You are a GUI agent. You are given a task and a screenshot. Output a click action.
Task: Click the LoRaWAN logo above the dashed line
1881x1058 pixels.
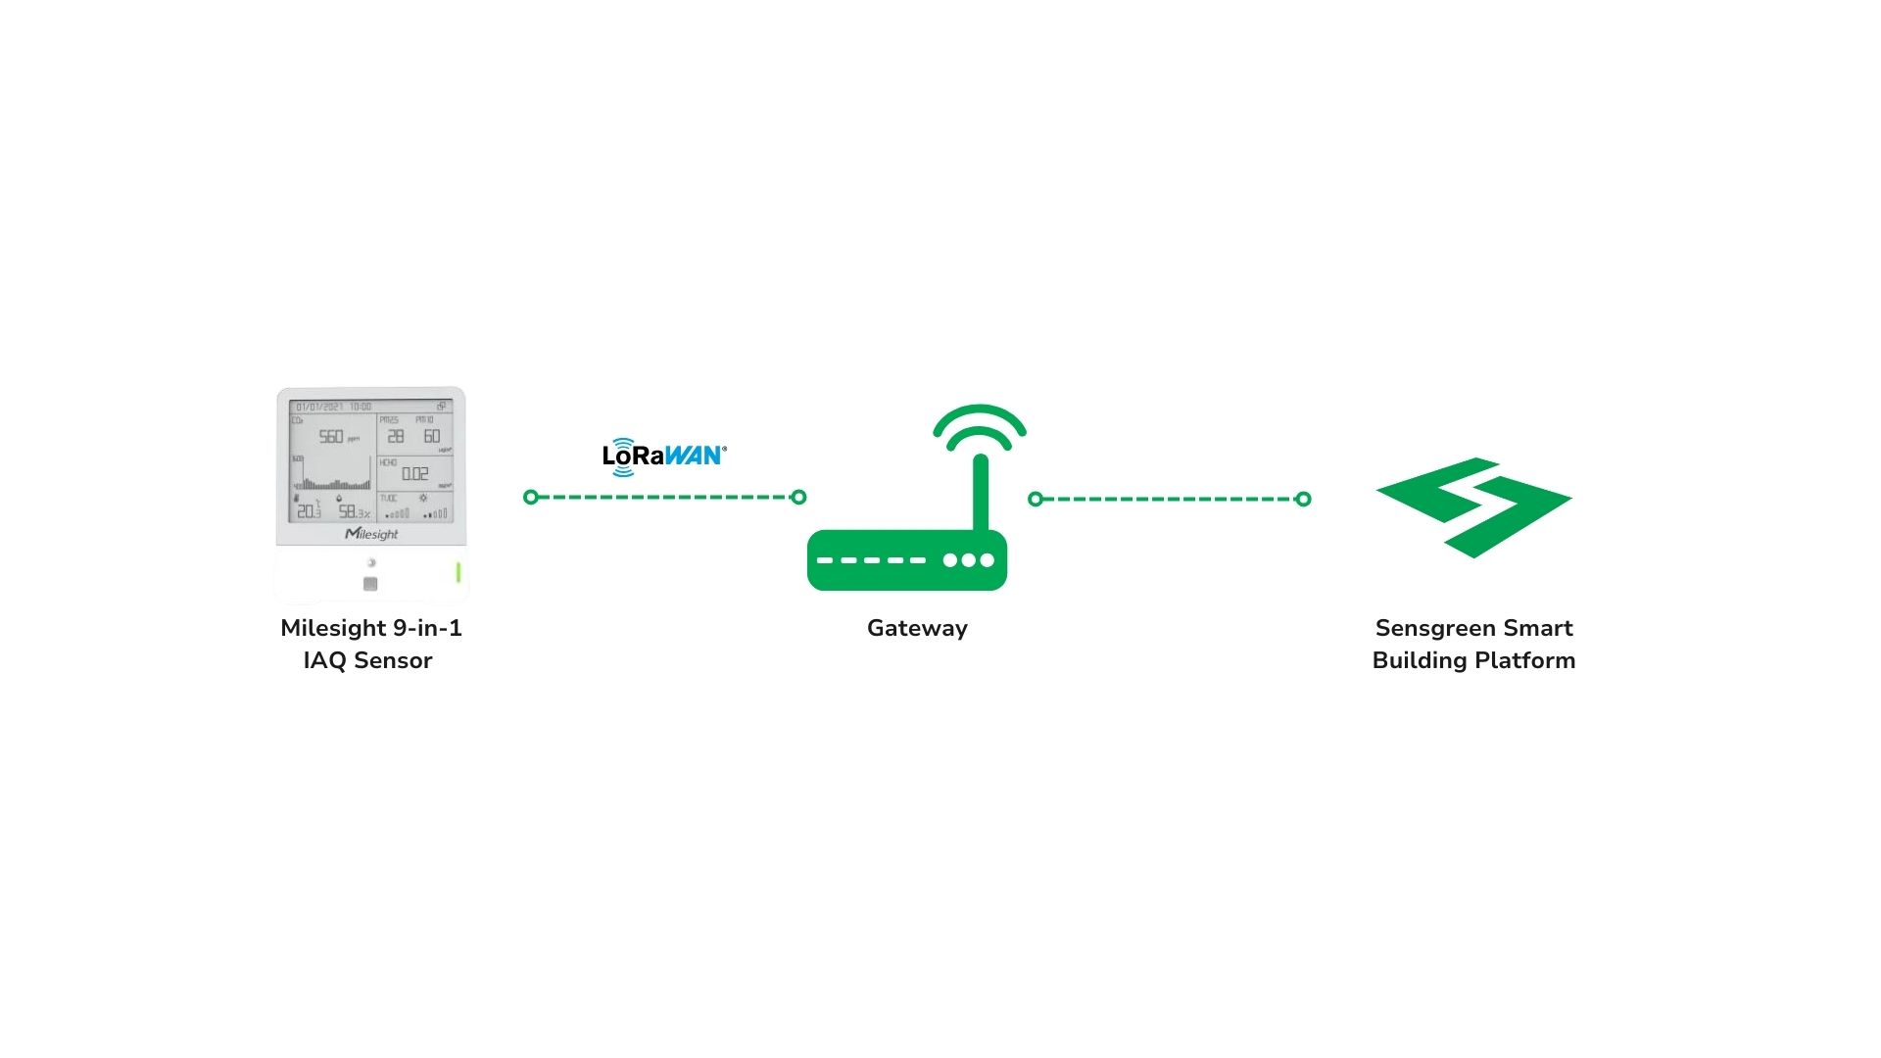[664, 456]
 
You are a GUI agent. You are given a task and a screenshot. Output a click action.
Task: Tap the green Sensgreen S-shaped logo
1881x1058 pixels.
[1473, 506]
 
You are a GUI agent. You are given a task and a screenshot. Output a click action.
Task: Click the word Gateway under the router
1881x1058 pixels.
[917, 628]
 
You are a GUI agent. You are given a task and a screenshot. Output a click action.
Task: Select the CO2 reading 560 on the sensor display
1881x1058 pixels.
[331, 437]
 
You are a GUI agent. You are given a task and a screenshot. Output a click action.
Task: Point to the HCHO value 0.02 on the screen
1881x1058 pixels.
[415, 474]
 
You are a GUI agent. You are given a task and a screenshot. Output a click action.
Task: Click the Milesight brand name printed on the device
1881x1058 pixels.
[371, 534]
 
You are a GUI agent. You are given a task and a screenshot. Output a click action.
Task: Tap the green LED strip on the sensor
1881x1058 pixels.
[458, 572]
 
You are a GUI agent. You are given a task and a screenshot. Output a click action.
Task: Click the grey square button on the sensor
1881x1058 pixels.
[370, 584]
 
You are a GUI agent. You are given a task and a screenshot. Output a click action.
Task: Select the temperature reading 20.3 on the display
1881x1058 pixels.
[309, 511]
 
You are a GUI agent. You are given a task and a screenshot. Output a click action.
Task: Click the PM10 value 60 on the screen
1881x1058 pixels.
[432, 437]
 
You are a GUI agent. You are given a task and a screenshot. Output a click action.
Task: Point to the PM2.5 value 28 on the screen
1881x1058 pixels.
[396, 437]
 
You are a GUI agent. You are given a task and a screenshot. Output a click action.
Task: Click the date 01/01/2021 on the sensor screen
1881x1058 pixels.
[319, 407]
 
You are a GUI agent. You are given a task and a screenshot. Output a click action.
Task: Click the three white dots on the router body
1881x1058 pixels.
[968, 560]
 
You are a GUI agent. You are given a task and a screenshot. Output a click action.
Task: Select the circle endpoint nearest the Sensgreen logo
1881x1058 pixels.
[1303, 500]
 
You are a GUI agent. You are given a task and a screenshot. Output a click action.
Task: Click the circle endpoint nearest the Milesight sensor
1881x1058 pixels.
[531, 498]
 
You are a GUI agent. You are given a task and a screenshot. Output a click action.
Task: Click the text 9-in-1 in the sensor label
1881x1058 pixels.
[427, 628]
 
